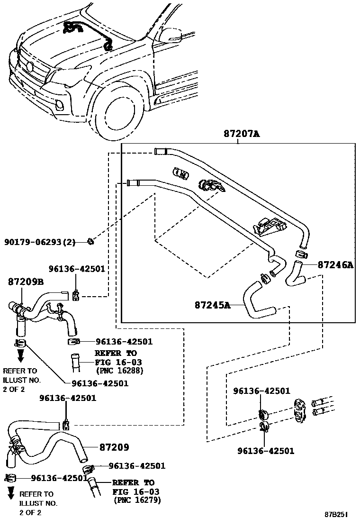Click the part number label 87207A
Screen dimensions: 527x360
(242, 134)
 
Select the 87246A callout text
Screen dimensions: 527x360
(335, 265)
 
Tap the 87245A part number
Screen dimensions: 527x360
(212, 305)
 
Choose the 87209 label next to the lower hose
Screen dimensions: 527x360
(114, 447)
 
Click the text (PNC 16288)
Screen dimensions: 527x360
(119, 371)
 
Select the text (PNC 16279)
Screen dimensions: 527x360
(137, 500)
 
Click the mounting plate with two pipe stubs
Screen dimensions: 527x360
(299, 410)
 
